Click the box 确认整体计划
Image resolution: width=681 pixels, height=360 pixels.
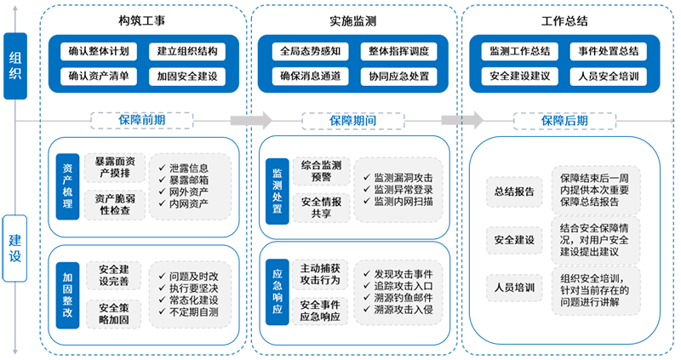coord(99,51)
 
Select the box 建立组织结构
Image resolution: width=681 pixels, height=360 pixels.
coord(187,51)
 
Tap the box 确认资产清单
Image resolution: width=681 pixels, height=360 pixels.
coord(99,76)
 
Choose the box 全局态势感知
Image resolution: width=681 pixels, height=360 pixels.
coord(311,51)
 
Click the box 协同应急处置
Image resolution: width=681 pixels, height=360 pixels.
coord(399,76)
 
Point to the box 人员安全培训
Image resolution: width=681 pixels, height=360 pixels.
coord(608,76)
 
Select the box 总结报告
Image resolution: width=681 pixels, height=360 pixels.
coord(513,191)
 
